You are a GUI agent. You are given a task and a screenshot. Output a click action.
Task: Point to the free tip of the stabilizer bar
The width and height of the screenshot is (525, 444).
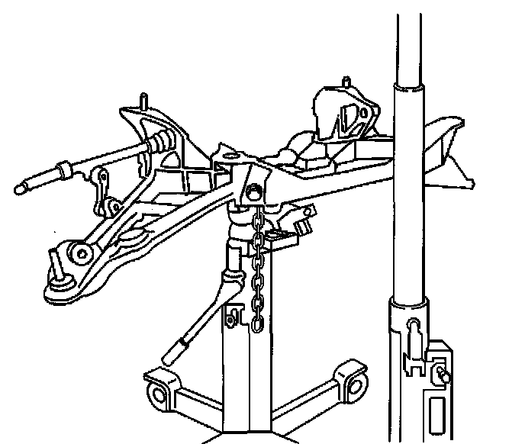tap(21, 185)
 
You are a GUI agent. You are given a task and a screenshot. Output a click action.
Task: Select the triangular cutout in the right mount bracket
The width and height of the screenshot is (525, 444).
tap(350, 119)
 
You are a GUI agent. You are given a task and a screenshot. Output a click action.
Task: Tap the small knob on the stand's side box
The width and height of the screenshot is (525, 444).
tap(442, 375)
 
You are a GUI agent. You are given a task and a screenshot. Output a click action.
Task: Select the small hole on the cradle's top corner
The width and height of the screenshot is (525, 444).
tap(226, 159)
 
